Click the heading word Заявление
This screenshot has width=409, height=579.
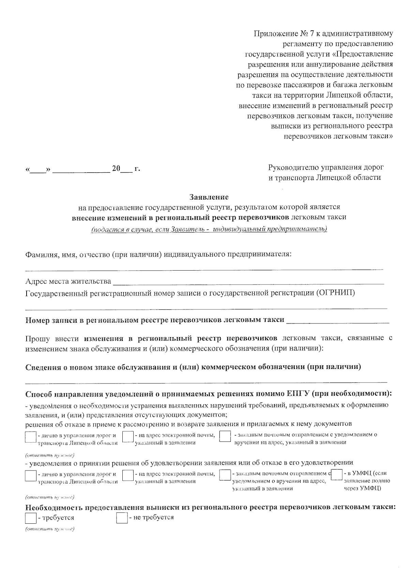[x=209, y=197]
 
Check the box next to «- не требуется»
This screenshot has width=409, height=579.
[x=122, y=518]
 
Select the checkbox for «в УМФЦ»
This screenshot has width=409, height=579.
[x=337, y=475]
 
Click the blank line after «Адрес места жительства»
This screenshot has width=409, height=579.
[x=248, y=282]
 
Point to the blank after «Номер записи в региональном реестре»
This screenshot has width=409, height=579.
[x=337, y=321]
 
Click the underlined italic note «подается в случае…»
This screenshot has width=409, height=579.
[x=209, y=229]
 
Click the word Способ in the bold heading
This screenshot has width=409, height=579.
[x=38, y=394]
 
